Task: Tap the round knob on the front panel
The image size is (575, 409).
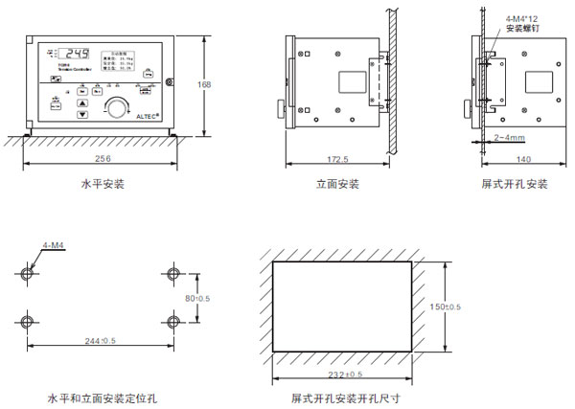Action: click(x=118, y=107)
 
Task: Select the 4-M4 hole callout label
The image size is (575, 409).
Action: click(x=55, y=247)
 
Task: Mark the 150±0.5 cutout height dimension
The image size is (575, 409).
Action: click(x=446, y=307)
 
